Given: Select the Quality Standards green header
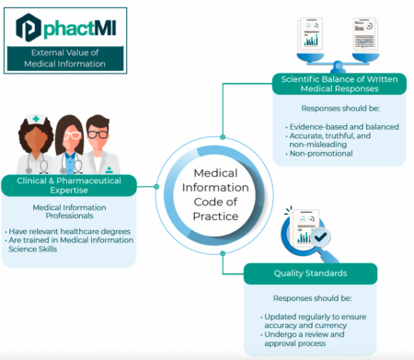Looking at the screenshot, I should [x=311, y=273].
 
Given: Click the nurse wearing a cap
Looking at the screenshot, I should [x=34, y=145].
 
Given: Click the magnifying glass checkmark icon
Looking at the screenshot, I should [x=311, y=236].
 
